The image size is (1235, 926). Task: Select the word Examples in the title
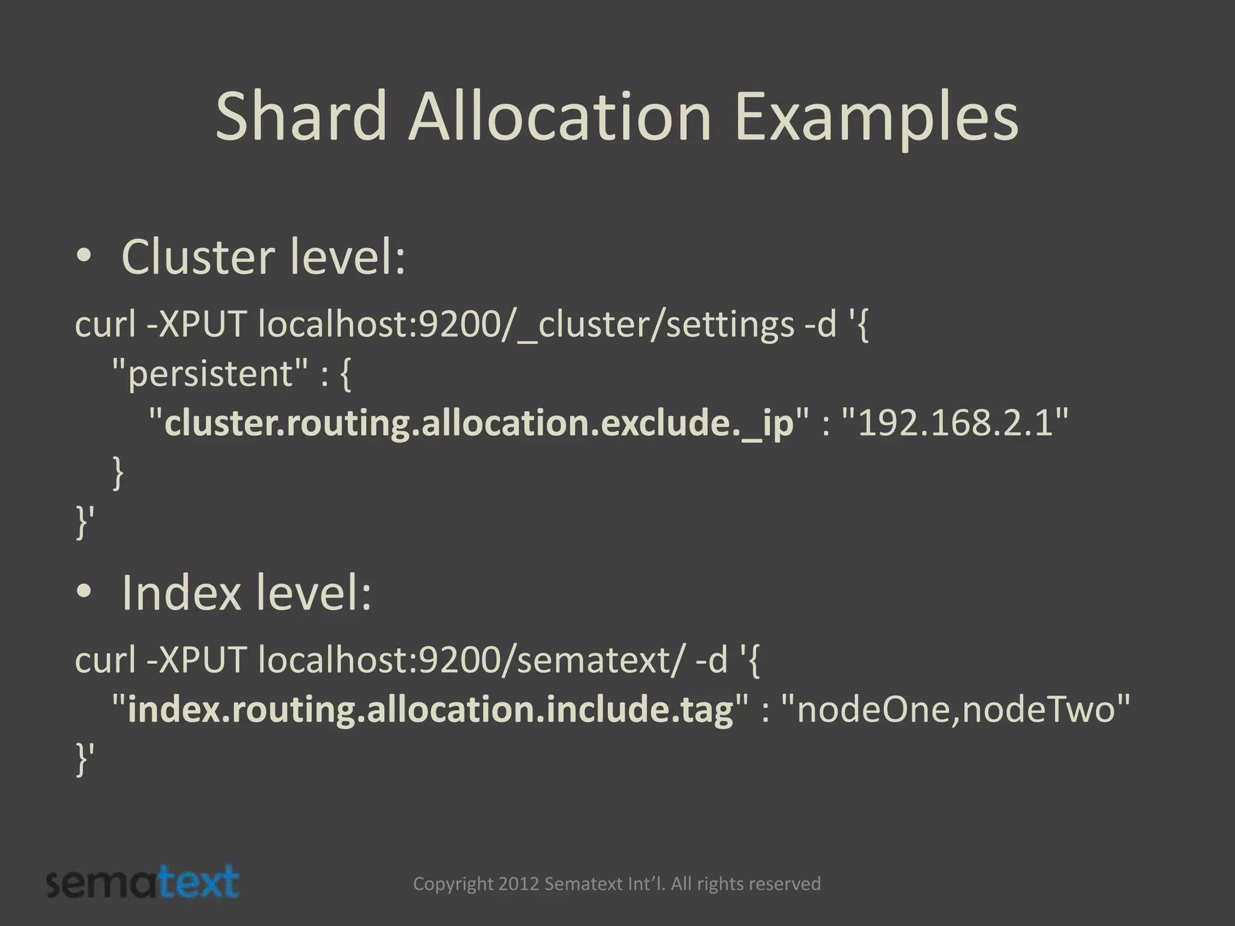876,118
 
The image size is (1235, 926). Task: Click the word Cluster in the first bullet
198,257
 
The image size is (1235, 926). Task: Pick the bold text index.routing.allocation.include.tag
431,710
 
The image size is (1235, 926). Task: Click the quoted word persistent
210,374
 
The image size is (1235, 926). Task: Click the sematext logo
143,883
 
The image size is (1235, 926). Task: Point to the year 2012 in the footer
519,884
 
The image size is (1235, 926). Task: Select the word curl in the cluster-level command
105,325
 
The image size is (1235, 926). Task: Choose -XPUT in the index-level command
197,660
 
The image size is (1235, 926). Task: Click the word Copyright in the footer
453,884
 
